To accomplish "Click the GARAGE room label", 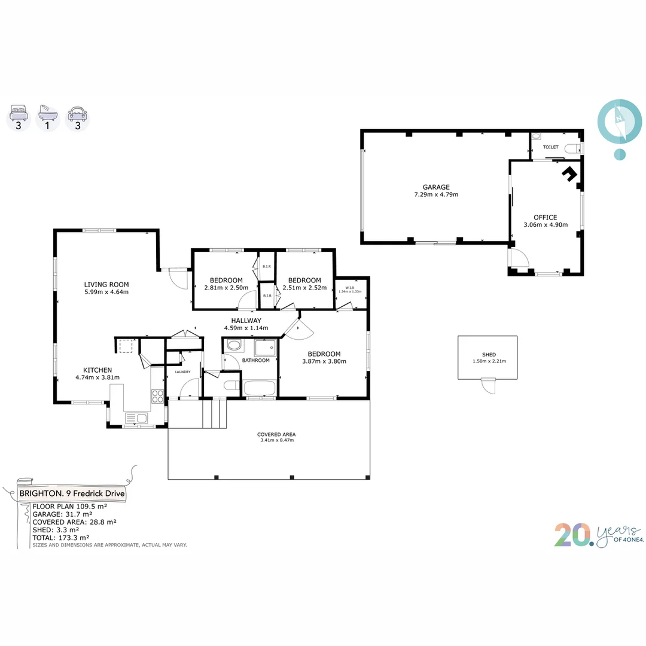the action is point(436,187).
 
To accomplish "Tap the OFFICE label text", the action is point(545,217).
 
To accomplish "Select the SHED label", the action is point(489,354).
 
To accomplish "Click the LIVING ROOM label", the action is point(106,284).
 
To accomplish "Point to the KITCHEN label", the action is point(97,370).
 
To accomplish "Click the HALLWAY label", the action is point(246,321).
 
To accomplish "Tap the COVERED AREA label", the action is point(276,434).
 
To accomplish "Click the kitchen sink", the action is point(136,418).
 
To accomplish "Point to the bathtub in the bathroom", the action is point(260,388).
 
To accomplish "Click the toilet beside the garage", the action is point(572,148).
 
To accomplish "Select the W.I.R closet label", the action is point(350,288).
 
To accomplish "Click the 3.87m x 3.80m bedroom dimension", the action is point(324,361).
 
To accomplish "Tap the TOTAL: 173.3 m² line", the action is point(61,538).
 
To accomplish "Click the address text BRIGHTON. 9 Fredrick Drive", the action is point(72,493).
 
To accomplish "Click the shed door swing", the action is point(489,386).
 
